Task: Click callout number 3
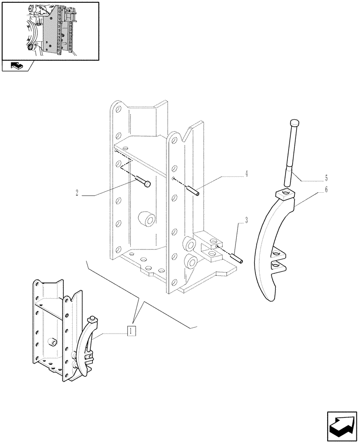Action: pos(240,220)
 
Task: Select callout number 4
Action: pos(246,174)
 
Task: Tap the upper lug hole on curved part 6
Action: pos(278,253)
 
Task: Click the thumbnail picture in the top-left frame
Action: pos(50,30)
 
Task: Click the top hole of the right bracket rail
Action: pos(174,140)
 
